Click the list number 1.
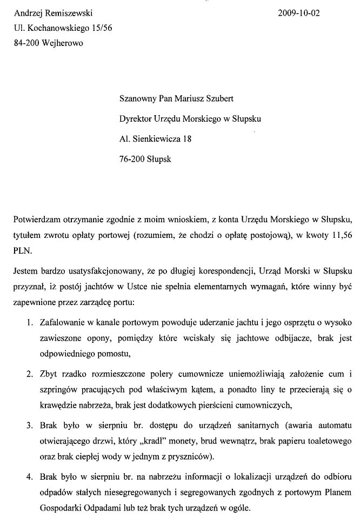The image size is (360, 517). (30, 323)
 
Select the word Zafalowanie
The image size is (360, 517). (62, 323)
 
